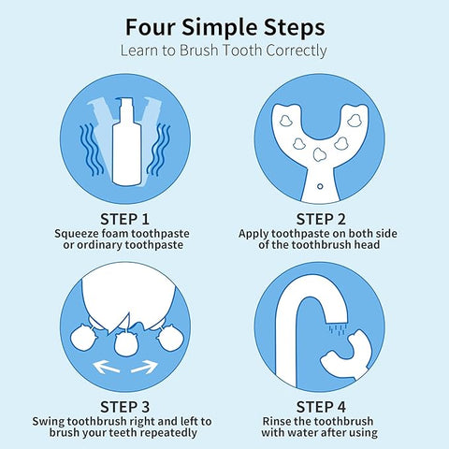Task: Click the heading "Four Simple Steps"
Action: (x=225, y=28)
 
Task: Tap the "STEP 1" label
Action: (x=124, y=219)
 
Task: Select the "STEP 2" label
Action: (x=321, y=219)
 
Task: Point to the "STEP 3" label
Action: (x=124, y=407)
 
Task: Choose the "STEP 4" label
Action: (x=321, y=407)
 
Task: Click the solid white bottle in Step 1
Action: (x=126, y=142)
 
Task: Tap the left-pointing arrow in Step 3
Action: (x=106, y=367)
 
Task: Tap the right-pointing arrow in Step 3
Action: (x=144, y=367)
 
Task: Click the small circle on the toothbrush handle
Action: (x=320, y=186)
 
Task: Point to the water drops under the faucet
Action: (x=338, y=329)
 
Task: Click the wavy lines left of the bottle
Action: (x=91, y=149)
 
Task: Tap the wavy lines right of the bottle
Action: (x=159, y=149)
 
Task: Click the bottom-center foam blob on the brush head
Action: (x=319, y=154)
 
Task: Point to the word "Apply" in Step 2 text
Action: (x=253, y=235)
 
